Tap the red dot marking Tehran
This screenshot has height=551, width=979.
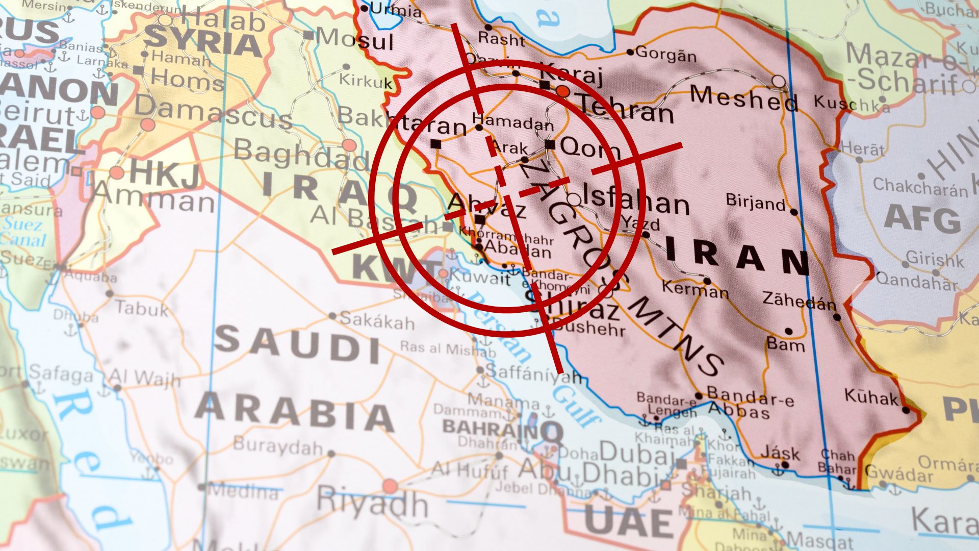[x=563, y=91]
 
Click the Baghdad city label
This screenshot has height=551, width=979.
[x=301, y=155]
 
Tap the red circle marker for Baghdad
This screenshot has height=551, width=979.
[x=349, y=145]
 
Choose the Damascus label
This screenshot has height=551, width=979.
[x=213, y=112]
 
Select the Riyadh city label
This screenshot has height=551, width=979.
[x=372, y=502]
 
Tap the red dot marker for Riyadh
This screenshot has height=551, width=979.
[x=390, y=486]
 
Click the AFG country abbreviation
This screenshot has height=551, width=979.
[x=922, y=219]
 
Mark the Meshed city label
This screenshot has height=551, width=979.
[x=743, y=99]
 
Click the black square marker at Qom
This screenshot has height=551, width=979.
[x=550, y=144]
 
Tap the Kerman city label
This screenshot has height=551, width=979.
[x=695, y=289]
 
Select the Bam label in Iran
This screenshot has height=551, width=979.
[x=786, y=345]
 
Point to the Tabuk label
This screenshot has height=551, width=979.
[x=141, y=309]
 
